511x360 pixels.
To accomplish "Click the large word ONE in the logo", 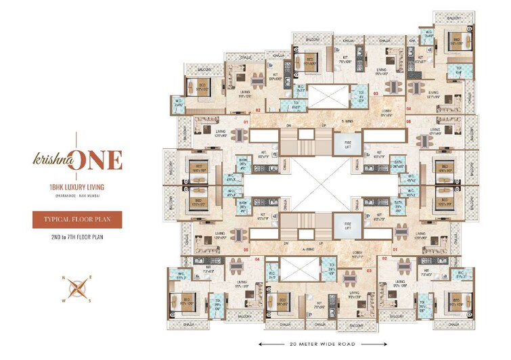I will (99, 160).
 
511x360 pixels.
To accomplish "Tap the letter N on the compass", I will (64, 278).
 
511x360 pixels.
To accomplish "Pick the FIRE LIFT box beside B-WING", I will (341, 145).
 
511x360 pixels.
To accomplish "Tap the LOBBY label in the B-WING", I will (388, 114).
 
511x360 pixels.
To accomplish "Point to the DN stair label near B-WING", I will (287, 126).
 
